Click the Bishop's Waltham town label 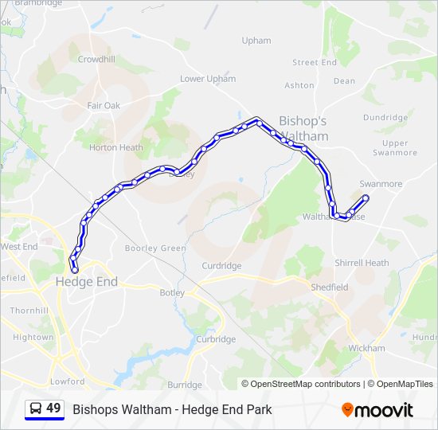click(303, 128)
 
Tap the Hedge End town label click(86, 282)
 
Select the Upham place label click(256, 41)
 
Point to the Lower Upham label click(208, 79)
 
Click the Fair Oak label click(104, 105)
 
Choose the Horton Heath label click(116, 147)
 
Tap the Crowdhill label click(96, 59)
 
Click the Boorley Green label click(155, 248)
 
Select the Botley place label click(172, 292)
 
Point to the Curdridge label click(221, 266)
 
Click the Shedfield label click(330, 287)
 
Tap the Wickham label click(366, 348)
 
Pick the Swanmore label click(381, 184)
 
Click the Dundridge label click(385, 117)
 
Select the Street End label click(315, 62)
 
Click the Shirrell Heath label click(362, 263)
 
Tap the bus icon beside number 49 click(36, 409)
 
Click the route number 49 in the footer click(53, 408)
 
